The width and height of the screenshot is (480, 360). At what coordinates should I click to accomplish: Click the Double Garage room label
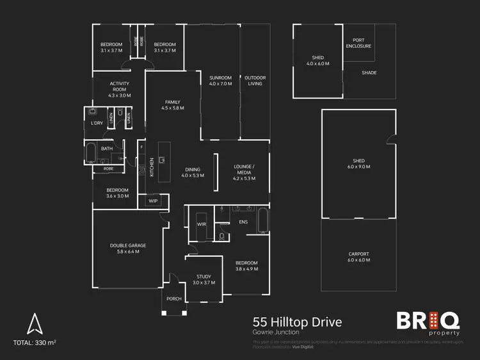pyautogui.click(x=127, y=249)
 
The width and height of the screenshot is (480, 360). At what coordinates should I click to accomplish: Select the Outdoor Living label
pyautogui.click(x=255, y=81)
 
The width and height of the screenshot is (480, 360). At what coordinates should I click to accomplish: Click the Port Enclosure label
pyautogui.click(x=358, y=44)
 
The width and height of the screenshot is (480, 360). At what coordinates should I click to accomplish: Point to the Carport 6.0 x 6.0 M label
pyautogui.click(x=358, y=257)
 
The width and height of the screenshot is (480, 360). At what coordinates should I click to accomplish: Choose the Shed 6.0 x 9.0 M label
pyautogui.click(x=358, y=164)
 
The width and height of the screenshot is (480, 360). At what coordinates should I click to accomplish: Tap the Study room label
pyautogui.click(x=204, y=279)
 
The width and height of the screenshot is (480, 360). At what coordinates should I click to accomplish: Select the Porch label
pyautogui.click(x=173, y=299)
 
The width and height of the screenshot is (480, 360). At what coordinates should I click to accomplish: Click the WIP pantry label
pyautogui.click(x=153, y=201)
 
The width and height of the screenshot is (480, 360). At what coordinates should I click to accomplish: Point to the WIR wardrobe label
pyautogui.click(x=200, y=224)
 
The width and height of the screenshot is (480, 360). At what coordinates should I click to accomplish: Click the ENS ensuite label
pyautogui.click(x=243, y=222)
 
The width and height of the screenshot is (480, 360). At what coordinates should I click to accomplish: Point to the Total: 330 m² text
pyautogui.click(x=35, y=344)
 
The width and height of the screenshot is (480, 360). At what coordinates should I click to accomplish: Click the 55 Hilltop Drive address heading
pyautogui.click(x=296, y=322)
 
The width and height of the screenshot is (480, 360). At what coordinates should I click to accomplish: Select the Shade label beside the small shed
pyautogui.click(x=369, y=73)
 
